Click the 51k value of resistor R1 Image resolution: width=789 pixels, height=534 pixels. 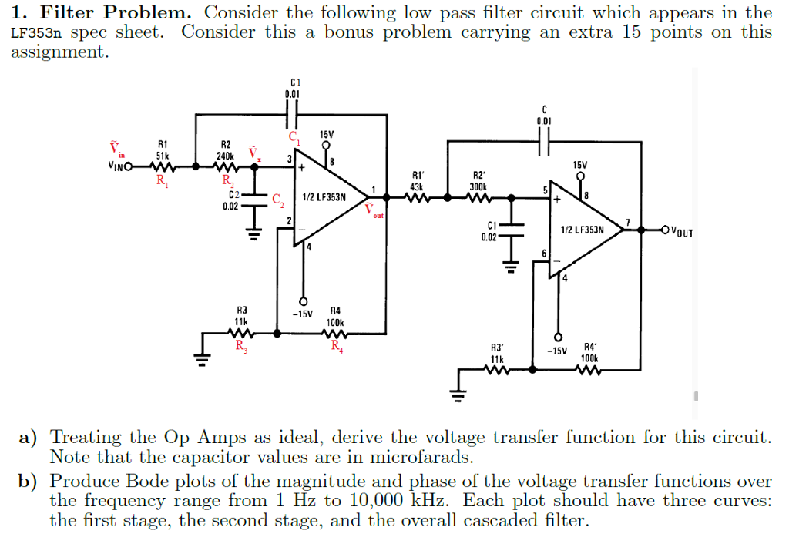click(x=163, y=155)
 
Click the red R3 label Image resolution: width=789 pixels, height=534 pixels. click(x=240, y=346)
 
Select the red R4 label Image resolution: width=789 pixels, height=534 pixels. click(x=336, y=346)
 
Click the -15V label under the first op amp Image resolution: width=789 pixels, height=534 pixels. click(x=303, y=314)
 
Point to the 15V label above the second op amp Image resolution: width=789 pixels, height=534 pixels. click(x=579, y=165)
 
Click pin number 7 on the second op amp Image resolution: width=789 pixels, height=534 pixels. click(x=628, y=223)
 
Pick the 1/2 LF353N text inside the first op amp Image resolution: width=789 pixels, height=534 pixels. click(x=324, y=197)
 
